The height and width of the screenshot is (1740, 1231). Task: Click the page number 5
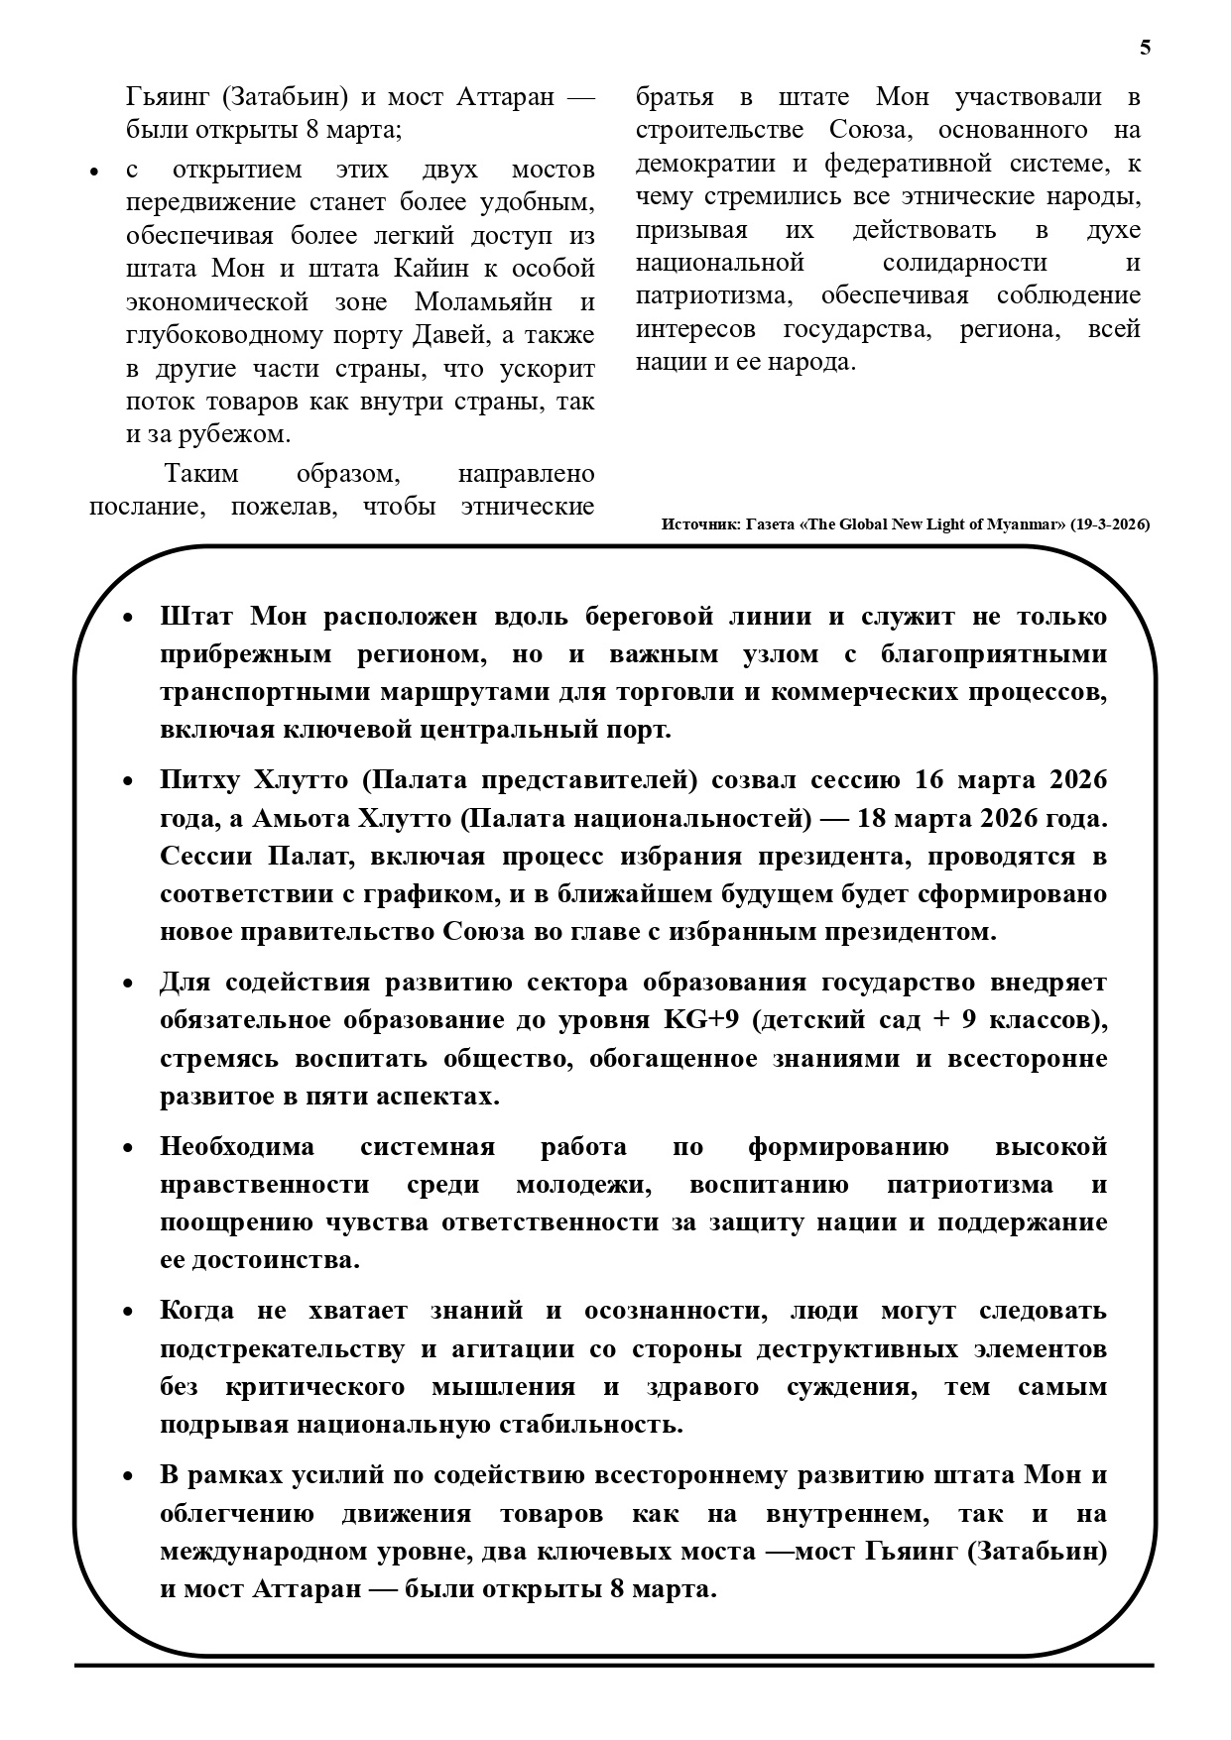[1146, 48]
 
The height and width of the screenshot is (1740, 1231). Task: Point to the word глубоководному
[224, 335]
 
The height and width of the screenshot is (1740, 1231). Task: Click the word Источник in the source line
[698, 524]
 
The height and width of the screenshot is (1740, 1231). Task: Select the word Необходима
[237, 1147]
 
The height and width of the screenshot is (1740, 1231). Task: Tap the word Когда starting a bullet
[197, 1311]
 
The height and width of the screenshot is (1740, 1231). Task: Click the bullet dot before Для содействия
[127, 984]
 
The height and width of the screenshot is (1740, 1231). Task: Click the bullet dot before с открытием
[94, 173]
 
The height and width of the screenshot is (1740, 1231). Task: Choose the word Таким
[201, 474]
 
